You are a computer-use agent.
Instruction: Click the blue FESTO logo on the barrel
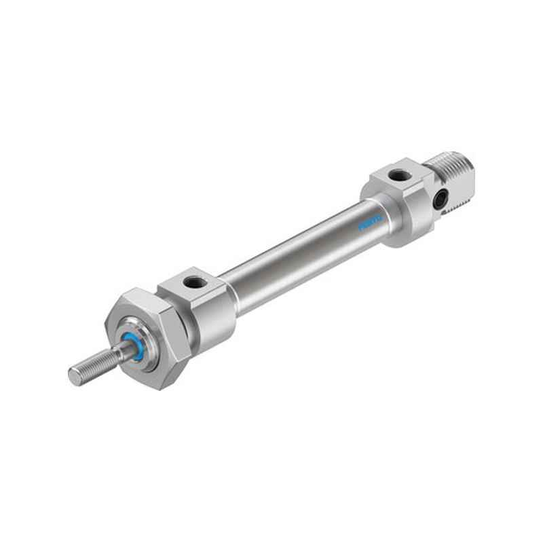370,223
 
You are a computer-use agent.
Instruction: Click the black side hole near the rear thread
441,198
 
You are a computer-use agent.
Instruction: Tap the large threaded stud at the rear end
450,182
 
